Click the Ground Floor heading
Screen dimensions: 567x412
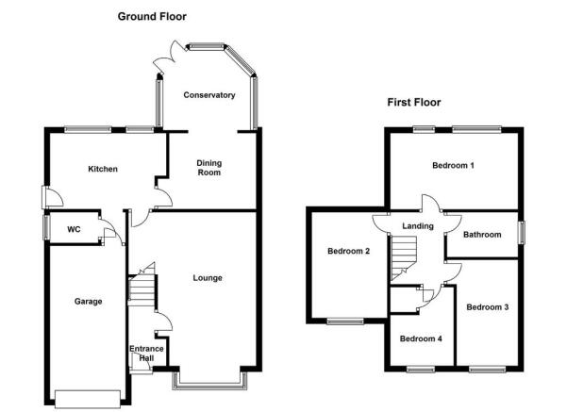(152, 17)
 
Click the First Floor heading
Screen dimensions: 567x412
(413, 102)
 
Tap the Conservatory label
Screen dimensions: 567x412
(209, 95)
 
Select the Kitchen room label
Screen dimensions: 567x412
(103, 169)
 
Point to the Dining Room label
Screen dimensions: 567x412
(209, 168)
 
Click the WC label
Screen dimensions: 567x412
(74, 229)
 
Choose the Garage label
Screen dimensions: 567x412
(88, 301)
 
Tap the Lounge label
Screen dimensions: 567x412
(208, 278)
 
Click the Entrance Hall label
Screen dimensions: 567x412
(146, 354)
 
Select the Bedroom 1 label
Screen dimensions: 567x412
(453, 166)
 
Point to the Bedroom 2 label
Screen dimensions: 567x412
(348, 251)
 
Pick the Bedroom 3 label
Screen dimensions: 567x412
(488, 307)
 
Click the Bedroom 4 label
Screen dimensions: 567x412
(421, 338)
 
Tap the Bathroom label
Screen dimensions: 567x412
(482, 235)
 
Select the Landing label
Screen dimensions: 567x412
(418, 226)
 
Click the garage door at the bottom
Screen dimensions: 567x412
(88, 399)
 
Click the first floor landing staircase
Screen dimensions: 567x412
(404, 258)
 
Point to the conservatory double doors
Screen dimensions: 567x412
(169, 58)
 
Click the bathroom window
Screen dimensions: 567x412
(522, 232)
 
